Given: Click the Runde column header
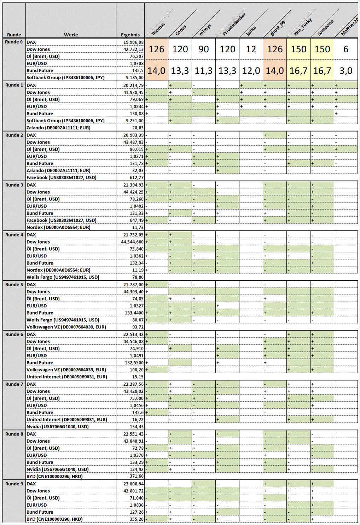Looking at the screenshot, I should click(14, 35).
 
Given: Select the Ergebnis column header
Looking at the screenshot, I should click(130, 35).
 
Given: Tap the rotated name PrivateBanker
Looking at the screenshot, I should click(234, 24).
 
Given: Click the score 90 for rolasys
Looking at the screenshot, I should click(203, 49).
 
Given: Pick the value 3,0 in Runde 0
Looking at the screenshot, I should click(346, 71).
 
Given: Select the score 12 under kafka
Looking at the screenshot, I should click(251, 49).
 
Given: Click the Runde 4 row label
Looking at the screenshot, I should click(14, 235).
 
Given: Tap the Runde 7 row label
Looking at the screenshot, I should click(14, 384).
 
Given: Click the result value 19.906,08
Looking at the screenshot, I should click(133, 42).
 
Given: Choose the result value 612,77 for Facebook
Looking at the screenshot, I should click(137, 177).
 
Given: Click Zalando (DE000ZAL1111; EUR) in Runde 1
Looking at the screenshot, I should click(58, 128).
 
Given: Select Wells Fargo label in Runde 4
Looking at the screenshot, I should click(63, 277).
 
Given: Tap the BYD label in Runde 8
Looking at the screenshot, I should click(54, 476).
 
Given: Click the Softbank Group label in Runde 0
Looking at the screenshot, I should click(65, 77).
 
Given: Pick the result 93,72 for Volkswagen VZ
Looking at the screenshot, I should click(138, 327).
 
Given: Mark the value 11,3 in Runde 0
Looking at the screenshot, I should click(203, 71).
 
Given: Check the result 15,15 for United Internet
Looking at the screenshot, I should click(138, 377).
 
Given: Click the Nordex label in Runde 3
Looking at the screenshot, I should click(58, 227).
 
